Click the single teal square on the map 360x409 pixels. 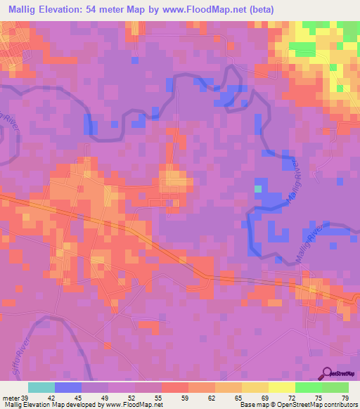(258, 188)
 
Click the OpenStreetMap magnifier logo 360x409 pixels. (327, 375)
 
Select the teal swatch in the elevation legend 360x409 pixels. (41, 387)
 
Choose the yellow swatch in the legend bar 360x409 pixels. (255, 387)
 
